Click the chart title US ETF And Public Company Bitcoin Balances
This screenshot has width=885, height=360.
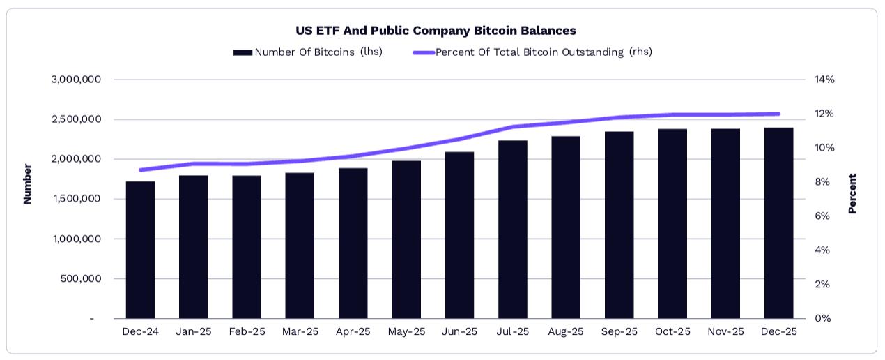coord(436,31)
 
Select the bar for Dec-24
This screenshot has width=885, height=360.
coord(141,250)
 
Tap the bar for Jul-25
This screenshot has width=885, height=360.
coord(513,230)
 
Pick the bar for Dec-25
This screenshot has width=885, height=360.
coord(778,223)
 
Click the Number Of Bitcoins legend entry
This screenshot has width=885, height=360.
coord(308,52)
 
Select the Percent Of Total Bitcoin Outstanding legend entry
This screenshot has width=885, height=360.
coord(533,52)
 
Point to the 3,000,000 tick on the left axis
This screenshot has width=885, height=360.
coord(77,80)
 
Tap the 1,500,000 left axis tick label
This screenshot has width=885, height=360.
coord(77,199)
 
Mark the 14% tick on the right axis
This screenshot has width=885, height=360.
coord(824,80)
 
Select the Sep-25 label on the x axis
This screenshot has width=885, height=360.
coord(619,332)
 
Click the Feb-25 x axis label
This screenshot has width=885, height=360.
coord(247,332)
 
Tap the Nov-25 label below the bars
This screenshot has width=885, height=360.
coord(725,332)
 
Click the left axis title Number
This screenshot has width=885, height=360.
coord(28,184)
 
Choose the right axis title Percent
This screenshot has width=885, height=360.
coord(852,193)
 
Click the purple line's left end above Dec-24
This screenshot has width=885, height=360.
coord(141,170)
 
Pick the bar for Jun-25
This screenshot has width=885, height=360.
coord(460,235)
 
